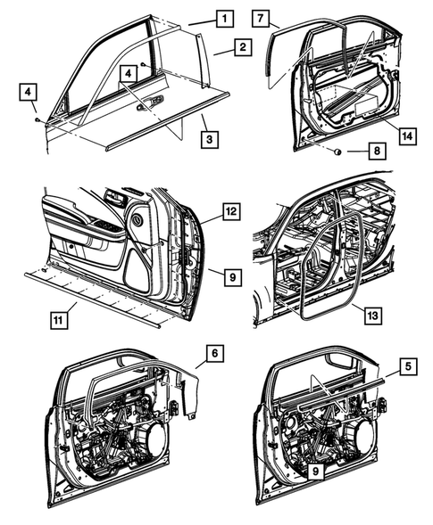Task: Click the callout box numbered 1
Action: tap(224, 18)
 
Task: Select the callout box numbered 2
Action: tap(241, 48)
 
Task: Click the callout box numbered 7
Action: tap(260, 19)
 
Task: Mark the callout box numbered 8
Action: tap(378, 152)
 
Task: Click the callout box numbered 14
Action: tap(407, 135)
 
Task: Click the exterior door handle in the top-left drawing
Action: tap(153, 103)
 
